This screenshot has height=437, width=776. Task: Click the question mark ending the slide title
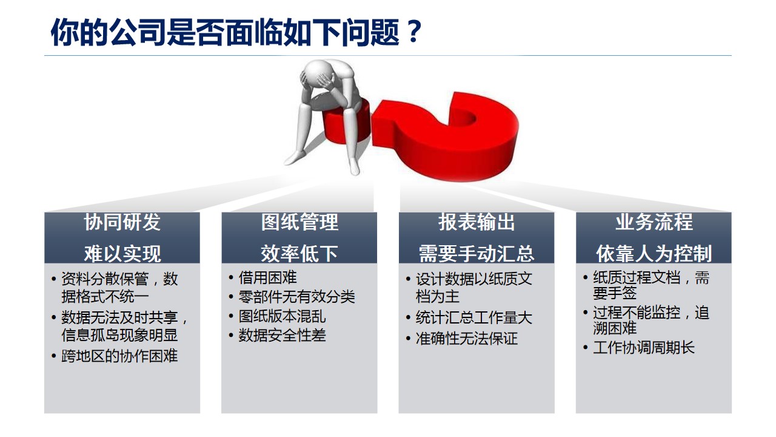414,32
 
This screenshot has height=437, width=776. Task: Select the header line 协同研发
122,222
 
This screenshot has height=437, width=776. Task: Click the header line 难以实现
122,254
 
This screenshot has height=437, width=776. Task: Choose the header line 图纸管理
299,222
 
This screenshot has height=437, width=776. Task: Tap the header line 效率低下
299,254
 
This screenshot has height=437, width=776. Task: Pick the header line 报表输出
477,222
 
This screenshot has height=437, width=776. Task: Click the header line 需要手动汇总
477,254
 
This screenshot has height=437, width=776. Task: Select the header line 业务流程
654,222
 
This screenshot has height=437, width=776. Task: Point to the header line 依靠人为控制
654,254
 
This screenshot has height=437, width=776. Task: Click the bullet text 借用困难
268,277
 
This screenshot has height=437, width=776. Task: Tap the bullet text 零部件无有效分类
297,297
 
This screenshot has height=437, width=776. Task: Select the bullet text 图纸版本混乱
283,316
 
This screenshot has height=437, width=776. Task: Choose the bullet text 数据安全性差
283,336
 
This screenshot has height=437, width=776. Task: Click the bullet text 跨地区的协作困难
119,356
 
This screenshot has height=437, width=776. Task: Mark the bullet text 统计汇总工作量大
474,317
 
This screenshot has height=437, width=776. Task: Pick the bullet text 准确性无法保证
467,339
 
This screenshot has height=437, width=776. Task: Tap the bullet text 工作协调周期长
644,348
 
